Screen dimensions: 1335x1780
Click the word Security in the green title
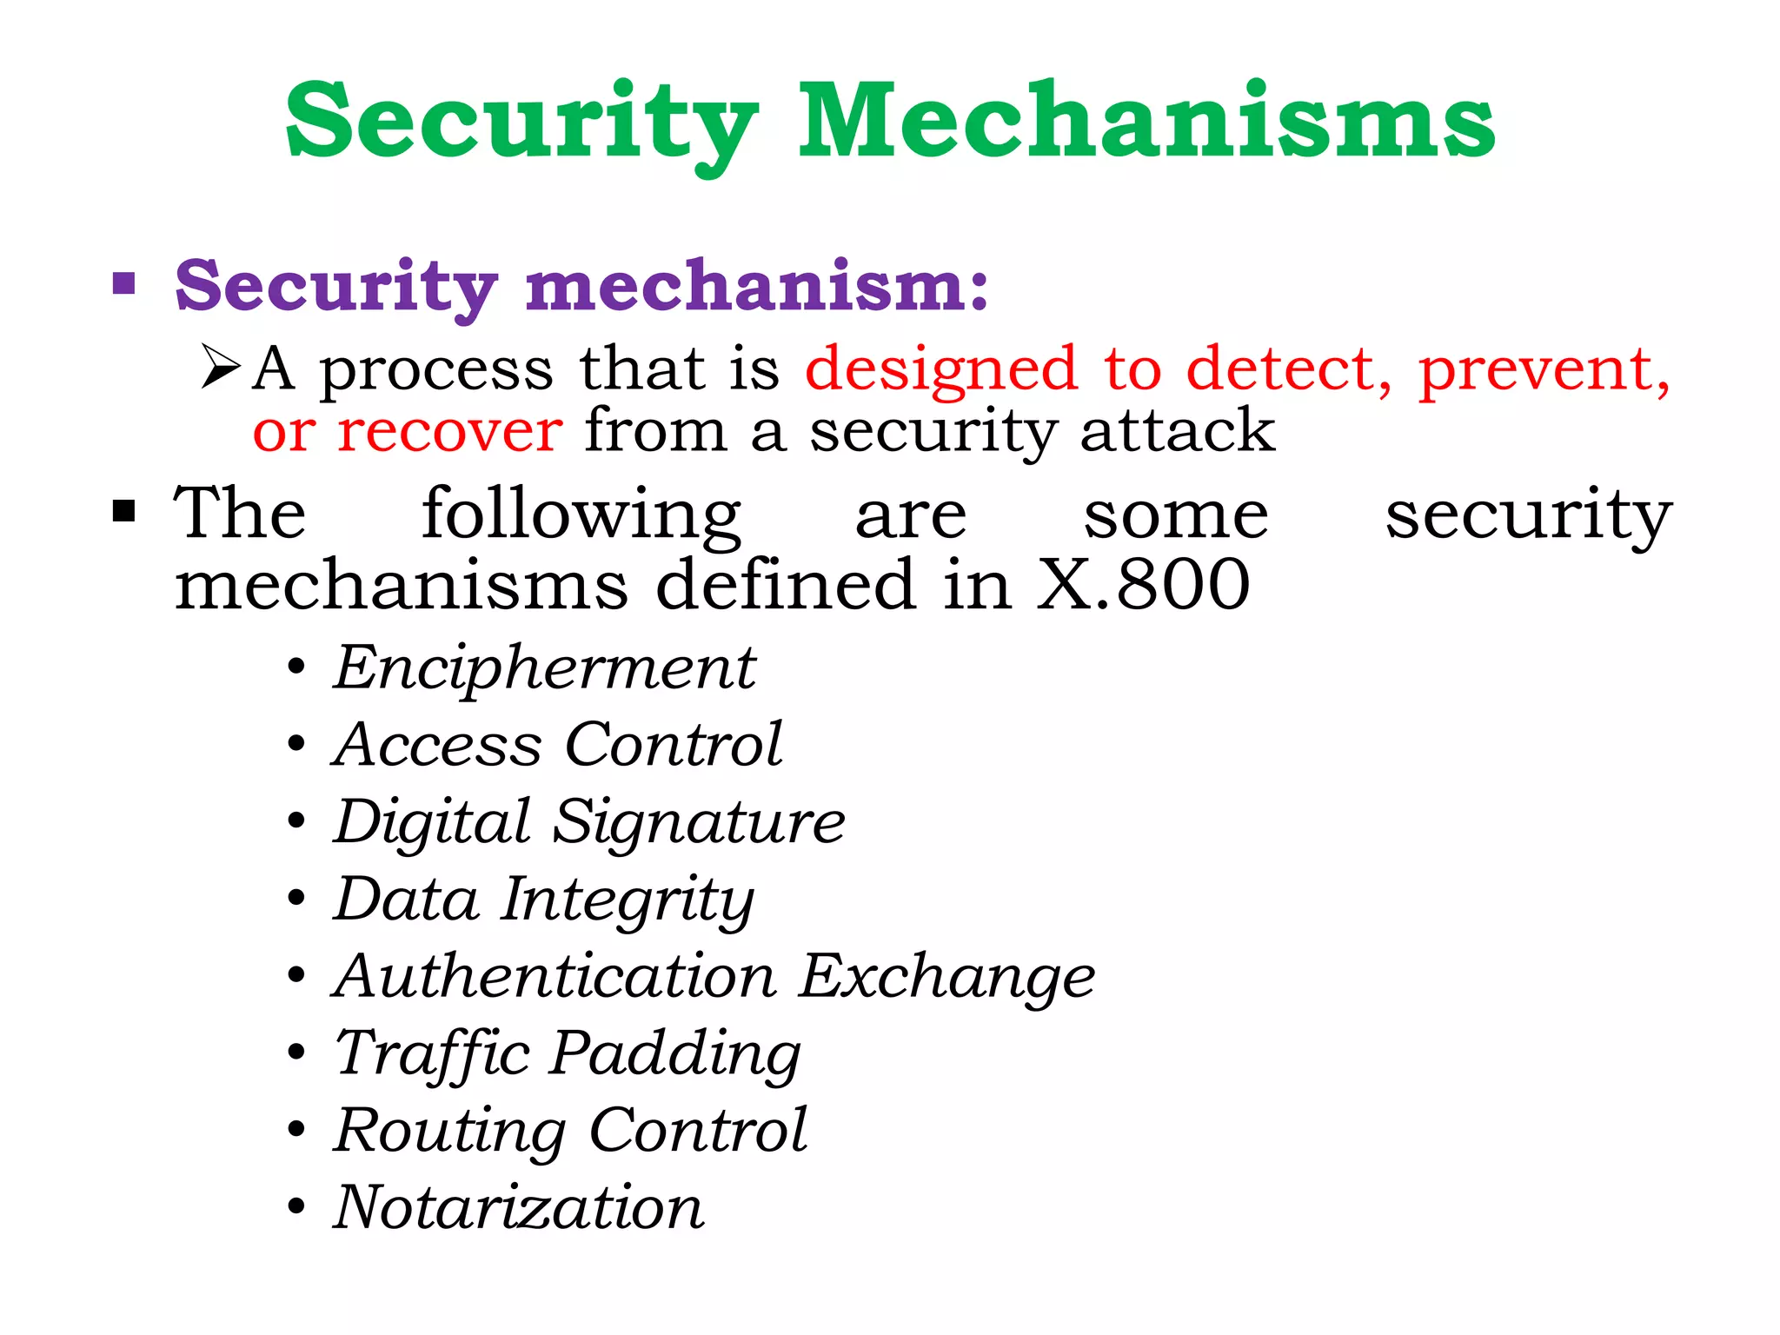[521, 122]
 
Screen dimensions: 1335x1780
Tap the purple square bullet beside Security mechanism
[124, 283]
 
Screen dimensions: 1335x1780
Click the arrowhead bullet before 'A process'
[220, 366]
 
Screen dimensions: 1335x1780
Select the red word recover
[450, 431]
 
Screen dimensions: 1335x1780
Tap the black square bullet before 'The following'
[124, 510]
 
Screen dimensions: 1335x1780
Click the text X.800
[1143, 584]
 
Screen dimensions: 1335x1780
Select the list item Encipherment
[545, 670]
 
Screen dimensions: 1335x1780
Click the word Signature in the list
[699, 823]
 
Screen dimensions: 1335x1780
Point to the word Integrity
[628, 900]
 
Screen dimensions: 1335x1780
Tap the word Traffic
[432, 1054]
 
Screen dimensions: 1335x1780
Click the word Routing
[449, 1132]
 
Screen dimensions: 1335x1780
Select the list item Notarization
[519, 1207]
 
